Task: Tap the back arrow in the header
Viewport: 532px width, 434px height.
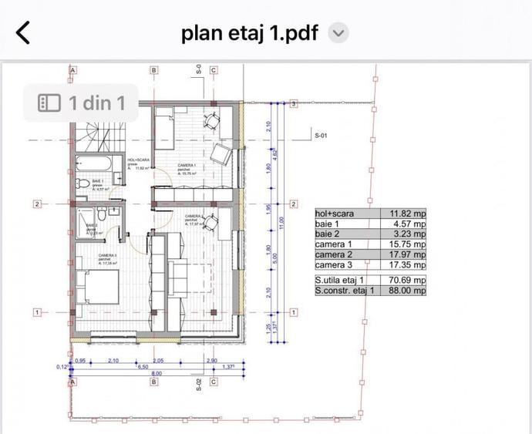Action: click(x=24, y=32)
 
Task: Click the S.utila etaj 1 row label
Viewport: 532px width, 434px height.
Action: click(x=344, y=280)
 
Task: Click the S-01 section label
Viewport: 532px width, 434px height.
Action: click(x=322, y=135)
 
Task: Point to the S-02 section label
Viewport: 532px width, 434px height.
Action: click(x=198, y=385)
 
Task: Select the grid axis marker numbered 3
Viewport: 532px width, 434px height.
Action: click(x=294, y=103)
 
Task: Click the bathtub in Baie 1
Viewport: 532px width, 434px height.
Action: click(x=93, y=163)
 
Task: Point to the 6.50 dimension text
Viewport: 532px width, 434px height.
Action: click(x=143, y=367)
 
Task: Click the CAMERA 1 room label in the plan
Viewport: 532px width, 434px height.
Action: click(x=187, y=166)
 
